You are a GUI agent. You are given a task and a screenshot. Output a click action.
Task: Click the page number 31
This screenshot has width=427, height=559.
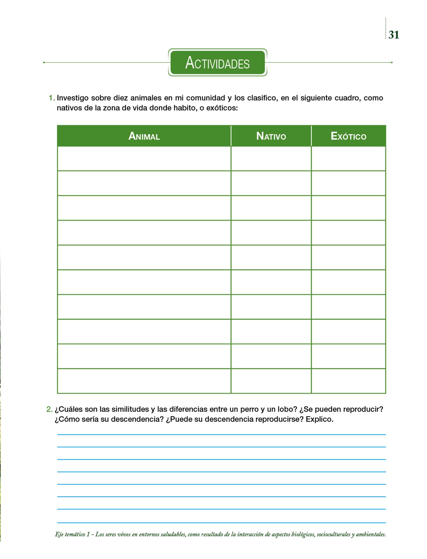pyautogui.click(x=393, y=35)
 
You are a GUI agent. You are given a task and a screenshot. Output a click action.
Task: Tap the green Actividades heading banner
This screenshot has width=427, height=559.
pyautogui.click(x=217, y=63)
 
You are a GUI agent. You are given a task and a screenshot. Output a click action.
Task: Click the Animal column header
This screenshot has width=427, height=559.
pyautogui.click(x=144, y=136)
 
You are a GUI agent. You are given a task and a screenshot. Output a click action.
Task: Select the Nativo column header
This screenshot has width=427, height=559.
pyautogui.click(x=271, y=136)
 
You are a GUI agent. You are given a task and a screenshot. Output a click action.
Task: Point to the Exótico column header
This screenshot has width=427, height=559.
pyautogui.click(x=348, y=136)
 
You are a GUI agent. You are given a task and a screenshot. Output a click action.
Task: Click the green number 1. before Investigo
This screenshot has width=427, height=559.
pyautogui.click(x=52, y=98)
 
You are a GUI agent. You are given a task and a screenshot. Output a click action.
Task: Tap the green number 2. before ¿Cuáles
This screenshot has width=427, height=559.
pyautogui.click(x=49, y=409)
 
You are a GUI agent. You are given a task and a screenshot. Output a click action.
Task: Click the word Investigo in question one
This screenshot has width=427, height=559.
pyautogui.click(x=72, y=98)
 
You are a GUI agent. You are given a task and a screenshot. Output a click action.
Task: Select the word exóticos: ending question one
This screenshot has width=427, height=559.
pyautogui.click(x=222, y=108)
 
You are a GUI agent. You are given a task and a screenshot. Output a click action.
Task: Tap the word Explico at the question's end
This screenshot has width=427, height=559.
pyautogui.click(x=319, y=419)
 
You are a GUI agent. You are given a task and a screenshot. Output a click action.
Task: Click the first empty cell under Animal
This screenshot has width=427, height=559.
pyautogui.click(x=144, y=159)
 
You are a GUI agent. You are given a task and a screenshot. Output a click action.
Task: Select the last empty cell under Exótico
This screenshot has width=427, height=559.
pyautogui.click(x=348, y=381)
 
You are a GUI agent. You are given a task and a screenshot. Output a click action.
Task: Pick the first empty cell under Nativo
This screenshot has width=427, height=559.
pyautogui.click(x=271, y=159)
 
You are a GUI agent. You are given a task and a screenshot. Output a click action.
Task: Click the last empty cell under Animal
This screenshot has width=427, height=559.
pyautogui.click(x=144, y=381)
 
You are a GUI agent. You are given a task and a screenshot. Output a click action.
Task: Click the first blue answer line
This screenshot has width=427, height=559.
pyautogui.click(x=221, y=434)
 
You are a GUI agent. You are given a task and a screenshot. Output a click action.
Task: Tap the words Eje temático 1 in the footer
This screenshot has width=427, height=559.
pyautogui.click(x=72, y=534)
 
